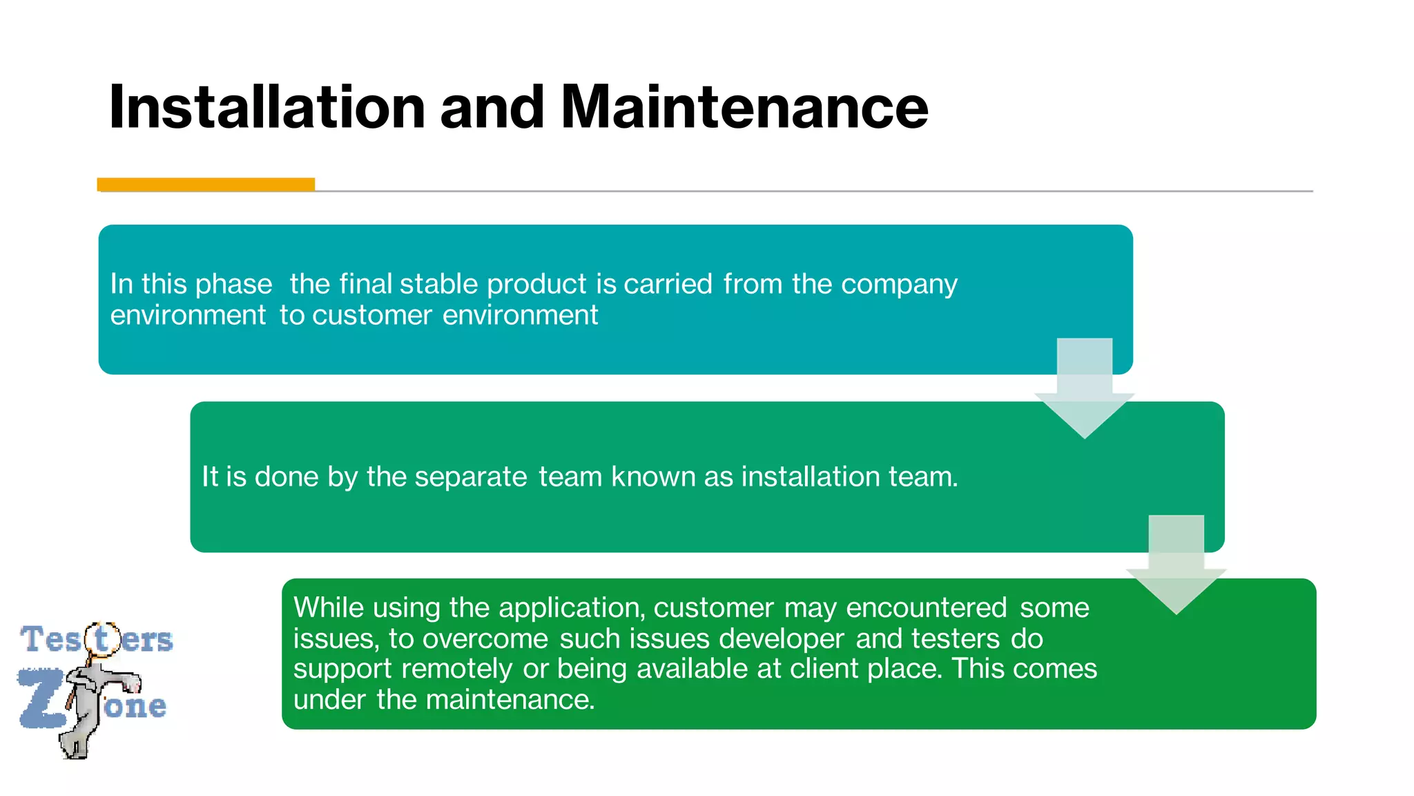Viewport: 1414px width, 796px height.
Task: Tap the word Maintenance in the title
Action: (744, 107)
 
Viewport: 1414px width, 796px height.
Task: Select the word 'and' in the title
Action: (492, 107)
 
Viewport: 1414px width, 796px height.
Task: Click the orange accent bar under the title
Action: (206, 184)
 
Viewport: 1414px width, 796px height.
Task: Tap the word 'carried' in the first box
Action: (668, 284)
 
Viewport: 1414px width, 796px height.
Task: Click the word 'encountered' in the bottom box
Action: (926, 607)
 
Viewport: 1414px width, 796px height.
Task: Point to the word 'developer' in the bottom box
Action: (782, 638)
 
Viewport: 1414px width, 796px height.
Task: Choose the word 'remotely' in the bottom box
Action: (456, 669)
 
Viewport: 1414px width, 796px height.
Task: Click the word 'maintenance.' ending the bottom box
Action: (510, 699)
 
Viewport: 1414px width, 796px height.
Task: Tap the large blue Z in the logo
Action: (41, 698)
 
